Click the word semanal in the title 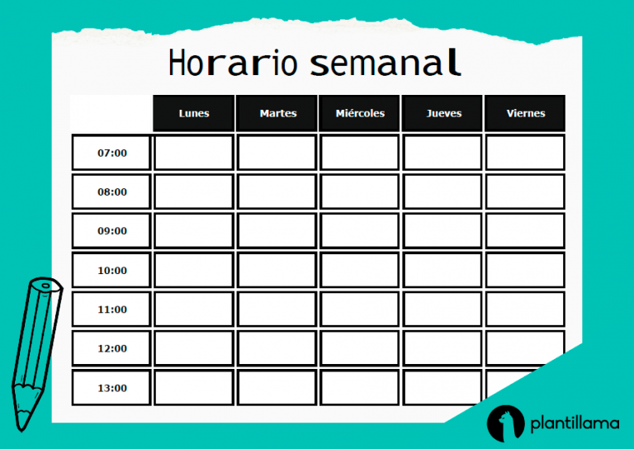[x=386, y=63]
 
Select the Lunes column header [x=194, y=113]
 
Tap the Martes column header [x=277, y=113]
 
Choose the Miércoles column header [x=360, y=113]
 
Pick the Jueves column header [x=443, y=113]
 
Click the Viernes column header [x=525, y=113]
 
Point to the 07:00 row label [x=111, y=153]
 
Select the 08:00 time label [x=111, y=191]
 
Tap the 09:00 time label [x=111, y=231]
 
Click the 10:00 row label [x=111, y=270]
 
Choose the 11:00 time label [x=111, y=310]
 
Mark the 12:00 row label [x=111, y=348]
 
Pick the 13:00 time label [x=111, y=388]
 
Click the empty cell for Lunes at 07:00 [x=194, y=153]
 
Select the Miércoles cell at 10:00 [x=360, y=270]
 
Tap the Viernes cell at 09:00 [x=525, y=231]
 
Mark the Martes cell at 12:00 [x=277, y=348]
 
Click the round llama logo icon [x=504, y=423]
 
